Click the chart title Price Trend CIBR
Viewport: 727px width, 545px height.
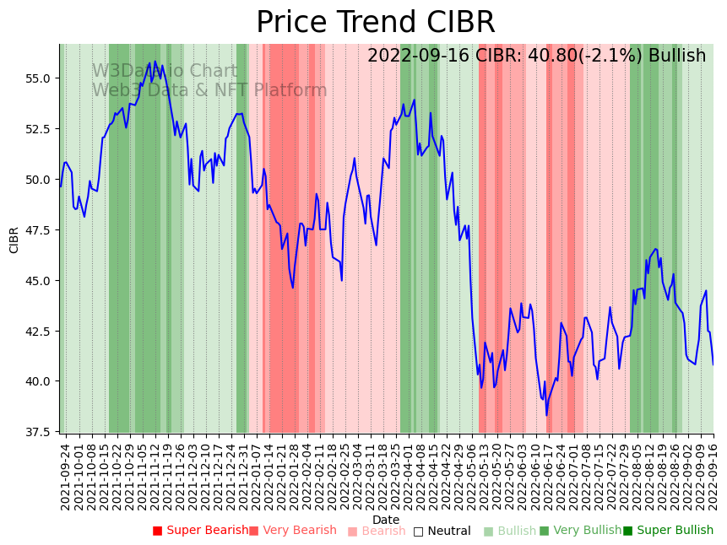click(376, 23)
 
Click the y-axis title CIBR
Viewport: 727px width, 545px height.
click(14, 240)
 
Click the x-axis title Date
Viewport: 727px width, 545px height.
click(386, 520)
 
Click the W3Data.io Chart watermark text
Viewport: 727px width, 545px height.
click(165, 72)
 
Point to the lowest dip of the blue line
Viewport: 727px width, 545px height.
click(546, 415)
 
